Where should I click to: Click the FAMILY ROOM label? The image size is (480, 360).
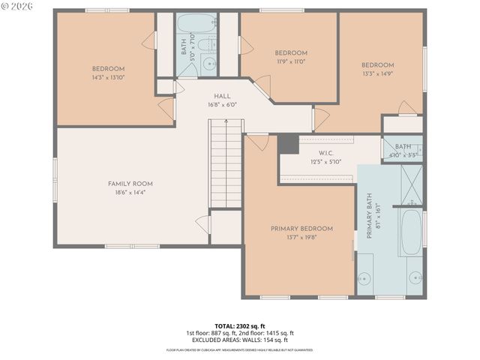coord(130,184)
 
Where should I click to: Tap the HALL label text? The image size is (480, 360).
coord(222,96)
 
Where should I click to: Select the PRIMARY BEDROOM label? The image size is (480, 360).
coord(301,229)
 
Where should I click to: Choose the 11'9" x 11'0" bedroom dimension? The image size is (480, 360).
coord(290,62)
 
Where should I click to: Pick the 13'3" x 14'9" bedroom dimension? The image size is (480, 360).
coord(377,74)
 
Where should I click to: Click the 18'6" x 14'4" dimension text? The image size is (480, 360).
coord(130,193)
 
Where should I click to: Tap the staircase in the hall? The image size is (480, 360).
coord(226,169)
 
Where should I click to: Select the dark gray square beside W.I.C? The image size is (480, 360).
coord(288,144)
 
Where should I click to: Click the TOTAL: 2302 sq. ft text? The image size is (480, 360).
coord(239,325)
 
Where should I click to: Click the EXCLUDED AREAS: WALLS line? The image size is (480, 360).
coord(239,340)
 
